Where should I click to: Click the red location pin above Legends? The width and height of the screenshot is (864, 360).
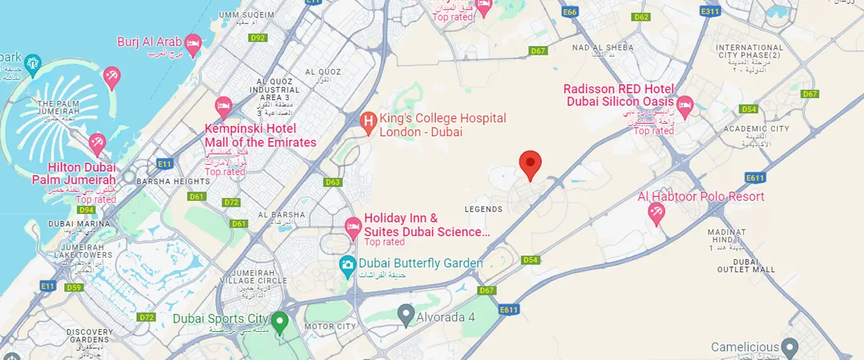(x=531, y=163)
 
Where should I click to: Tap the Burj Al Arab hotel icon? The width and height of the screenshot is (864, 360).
(x=193, y=42)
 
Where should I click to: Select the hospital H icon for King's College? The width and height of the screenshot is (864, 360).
(x=368, y=123)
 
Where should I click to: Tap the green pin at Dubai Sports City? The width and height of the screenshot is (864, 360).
(x=279, y=319)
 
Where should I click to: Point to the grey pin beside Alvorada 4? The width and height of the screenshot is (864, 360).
(x=406, y=314)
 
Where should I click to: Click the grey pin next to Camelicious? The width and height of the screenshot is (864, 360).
(x=791, y=347)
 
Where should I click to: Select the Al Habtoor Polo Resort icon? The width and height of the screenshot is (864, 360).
(x=656, y=212)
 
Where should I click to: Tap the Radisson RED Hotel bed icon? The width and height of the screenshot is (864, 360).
(x=685, y=105)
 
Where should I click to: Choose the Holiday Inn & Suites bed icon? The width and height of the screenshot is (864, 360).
(x=353, y=225)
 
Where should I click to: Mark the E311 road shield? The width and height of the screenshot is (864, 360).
(x=711, y=12)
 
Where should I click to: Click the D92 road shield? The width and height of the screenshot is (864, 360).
(x=258, y=37)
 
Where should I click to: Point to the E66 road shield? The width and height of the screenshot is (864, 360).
(x=571, y=12)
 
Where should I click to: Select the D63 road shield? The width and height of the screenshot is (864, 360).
(x=333, y=182)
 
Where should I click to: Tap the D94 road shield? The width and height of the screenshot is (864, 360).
(x=87, y=210)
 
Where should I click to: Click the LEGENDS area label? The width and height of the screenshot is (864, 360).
(x=484, y=210)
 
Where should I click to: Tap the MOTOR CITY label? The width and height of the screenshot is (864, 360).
(x=331, y=326)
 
